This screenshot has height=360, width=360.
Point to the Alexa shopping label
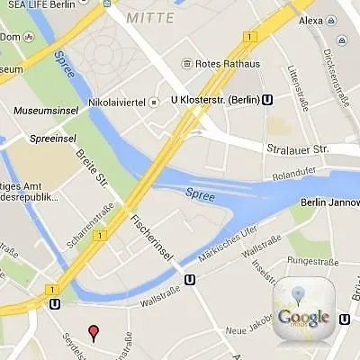[x=310, y=21]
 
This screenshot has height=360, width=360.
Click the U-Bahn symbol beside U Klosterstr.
[x=266, y=101]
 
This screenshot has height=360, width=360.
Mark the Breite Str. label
[x=90, y=175]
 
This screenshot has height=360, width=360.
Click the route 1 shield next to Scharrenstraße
[x=96, y=236]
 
